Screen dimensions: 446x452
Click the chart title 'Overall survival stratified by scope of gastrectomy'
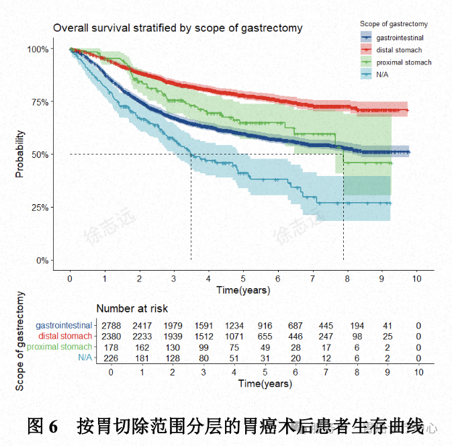(178, 28)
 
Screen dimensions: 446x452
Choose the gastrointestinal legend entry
(400, 38)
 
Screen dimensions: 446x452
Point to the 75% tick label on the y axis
(38, 102)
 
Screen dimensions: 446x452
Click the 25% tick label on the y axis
(38, 208)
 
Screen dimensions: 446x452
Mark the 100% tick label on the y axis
(37, 49)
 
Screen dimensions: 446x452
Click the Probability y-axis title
(20, 154)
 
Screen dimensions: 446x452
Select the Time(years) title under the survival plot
(243, 290)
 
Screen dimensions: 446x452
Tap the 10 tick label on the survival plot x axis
(416, 277)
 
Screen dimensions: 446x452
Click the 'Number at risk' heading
(132, 309)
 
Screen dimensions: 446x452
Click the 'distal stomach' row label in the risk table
(65, 336)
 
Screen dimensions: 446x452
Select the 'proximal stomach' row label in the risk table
(60, 347)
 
